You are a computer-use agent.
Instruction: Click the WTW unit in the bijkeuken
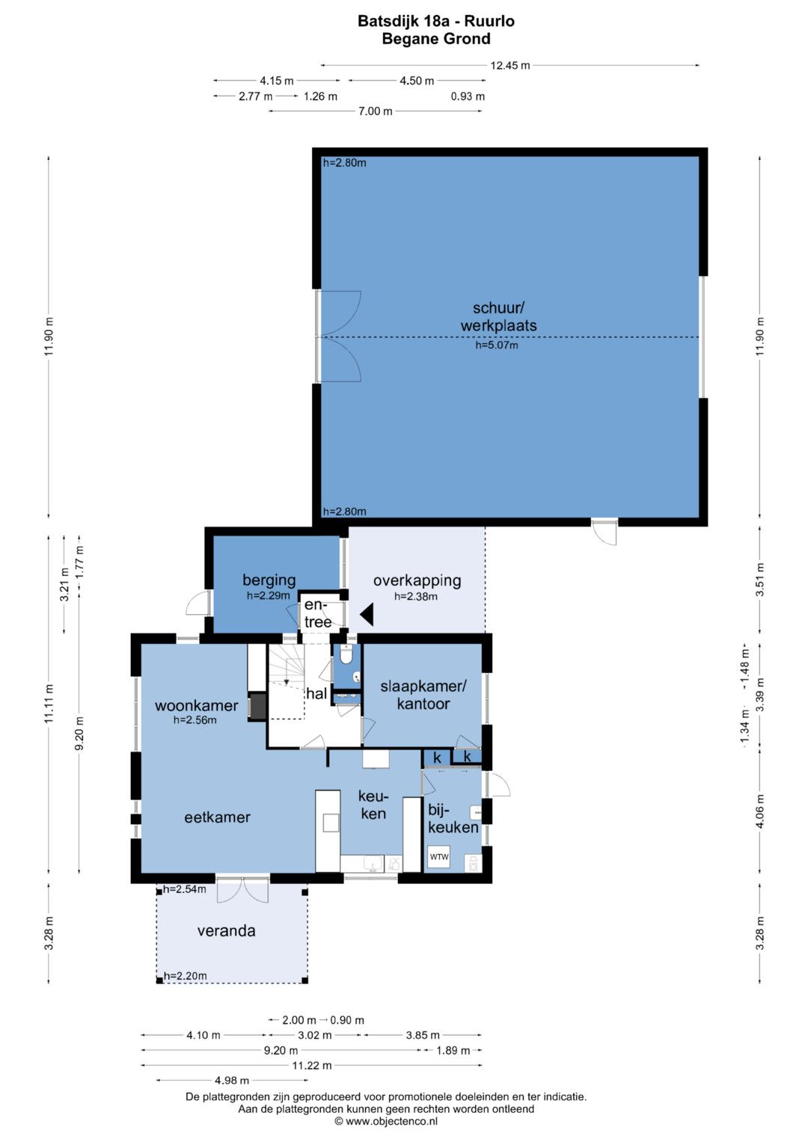pos(438,856)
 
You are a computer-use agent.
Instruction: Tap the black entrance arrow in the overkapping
pos(367,614)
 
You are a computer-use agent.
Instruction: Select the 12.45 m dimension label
pos(509,65)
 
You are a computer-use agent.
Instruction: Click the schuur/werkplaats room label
pos(498,316)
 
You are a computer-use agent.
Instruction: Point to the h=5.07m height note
pos(497,346)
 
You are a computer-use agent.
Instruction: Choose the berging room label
pos(269,580)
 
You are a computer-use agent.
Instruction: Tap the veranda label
pos(226,931)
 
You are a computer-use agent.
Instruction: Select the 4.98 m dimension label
pos(232,1081)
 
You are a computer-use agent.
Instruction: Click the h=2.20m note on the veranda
pos(185,976)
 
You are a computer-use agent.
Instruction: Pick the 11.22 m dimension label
pos(312,1065)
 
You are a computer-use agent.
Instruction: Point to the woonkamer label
pos(196,705)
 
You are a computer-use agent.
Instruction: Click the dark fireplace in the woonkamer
pos(257,706)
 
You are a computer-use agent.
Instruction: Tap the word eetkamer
pos(217,817)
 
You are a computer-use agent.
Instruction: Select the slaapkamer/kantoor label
pos(423,695)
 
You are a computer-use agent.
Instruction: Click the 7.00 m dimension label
pos(376,111)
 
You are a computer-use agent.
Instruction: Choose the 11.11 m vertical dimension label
pos(49,704)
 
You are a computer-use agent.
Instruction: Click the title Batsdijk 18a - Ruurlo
pos(435,21)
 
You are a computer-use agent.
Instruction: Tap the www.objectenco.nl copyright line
pos(385,1121)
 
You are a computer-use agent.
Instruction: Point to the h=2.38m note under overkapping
pos(416,597)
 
